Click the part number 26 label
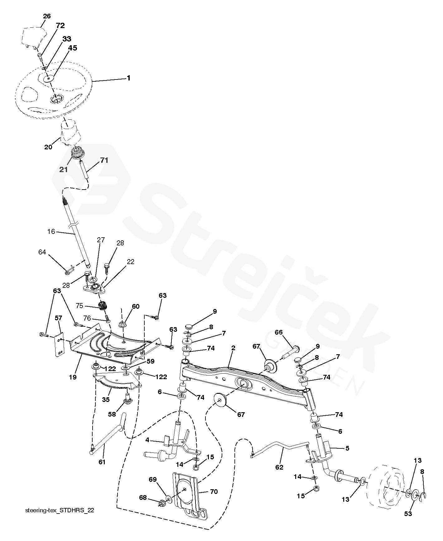[46, 16]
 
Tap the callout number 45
[72, 48]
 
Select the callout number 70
[214, 492]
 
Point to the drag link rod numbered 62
[281, 449]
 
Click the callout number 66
[278, 332]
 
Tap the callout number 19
[72, 377]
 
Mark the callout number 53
[408, 514]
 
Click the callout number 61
[102, 462]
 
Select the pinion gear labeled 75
[102, 306]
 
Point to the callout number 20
[48, 147]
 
